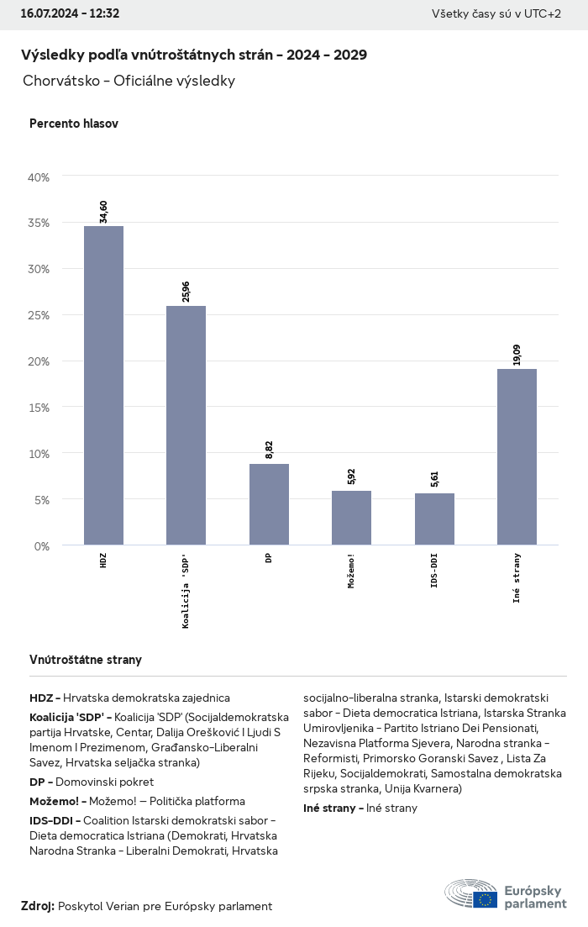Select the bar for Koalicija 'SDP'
pos(186,425)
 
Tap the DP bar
pos(269,504)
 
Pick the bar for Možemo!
pos(351,518)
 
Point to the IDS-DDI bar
pos(434,519)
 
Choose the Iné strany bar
pos(517,457)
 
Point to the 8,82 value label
pos(269,450)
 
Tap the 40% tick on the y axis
pos(39,177)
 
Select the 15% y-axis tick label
pos(39,408)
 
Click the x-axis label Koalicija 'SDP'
pos(186,592)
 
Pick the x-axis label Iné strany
pos(517,577)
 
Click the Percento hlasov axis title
pos(74,124)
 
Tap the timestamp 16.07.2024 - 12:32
pos(70,13)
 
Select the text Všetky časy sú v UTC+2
pos(496,13)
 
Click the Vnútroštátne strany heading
pos(86,660)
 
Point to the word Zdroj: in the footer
pos(38,906)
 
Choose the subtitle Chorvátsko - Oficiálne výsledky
pos(129,82)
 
